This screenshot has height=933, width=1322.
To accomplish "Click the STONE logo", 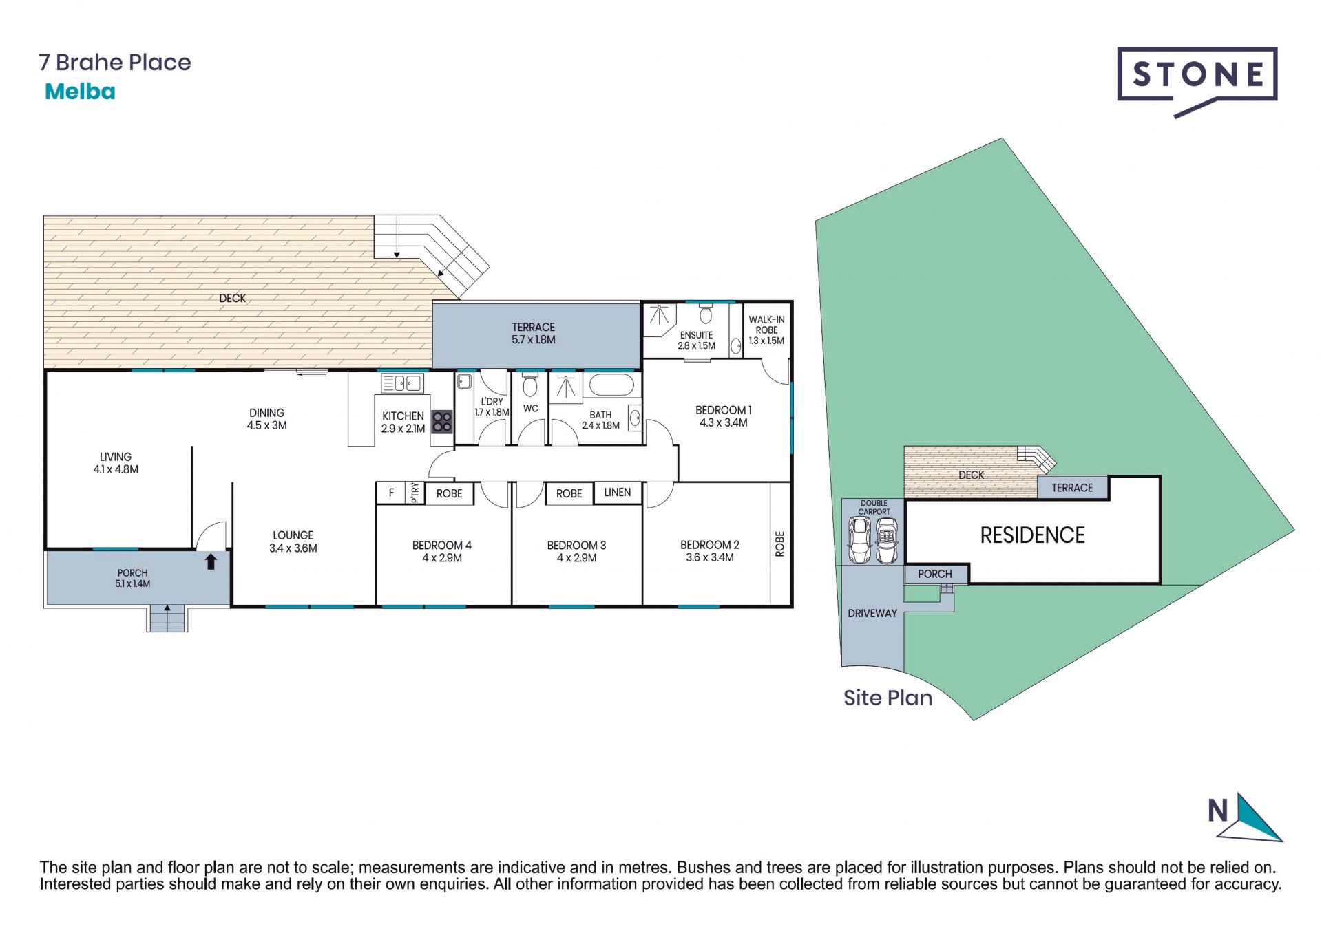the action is [x=1197, y=81].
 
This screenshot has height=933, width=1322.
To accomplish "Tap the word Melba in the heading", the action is [x=80, y=92].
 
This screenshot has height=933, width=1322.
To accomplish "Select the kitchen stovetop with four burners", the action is [x=442, y=421].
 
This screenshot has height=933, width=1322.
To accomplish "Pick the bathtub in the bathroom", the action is [x=611, y=385].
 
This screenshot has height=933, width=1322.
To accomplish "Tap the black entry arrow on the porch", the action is [x=211, y=561].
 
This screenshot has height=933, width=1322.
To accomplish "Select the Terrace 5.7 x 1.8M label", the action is [x=533, y=333].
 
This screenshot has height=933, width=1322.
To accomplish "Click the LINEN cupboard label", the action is [x=617, y=492].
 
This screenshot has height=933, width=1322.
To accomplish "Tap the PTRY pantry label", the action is [x=415, y=493].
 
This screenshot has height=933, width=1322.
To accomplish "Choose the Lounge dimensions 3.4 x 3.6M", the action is [x=293, y=548].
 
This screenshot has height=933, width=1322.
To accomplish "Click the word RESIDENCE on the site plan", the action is [x=1032, y=535].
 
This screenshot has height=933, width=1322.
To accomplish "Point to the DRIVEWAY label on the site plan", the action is [x=872, y=613].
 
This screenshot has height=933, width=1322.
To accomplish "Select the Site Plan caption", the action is [x=888, y=698].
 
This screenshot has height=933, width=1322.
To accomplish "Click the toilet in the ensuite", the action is [x=705, y=314].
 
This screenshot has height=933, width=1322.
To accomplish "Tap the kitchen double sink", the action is [x=402, y=383].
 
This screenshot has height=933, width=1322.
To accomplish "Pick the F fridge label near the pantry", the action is [x=391, y=493].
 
